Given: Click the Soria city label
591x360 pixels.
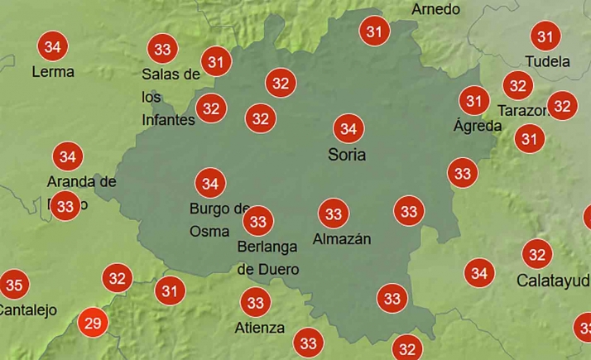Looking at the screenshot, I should click(x=347, y=155).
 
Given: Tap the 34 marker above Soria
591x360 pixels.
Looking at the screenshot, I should click(x=348, y=129).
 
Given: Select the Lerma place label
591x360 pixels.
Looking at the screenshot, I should click(x=53, y=72).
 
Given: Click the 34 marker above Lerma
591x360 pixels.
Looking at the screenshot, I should click(x=53, y=46).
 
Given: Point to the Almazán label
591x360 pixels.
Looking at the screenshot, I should click(x=342, y=240).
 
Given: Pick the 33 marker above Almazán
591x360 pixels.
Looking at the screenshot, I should click(x=334, y=214).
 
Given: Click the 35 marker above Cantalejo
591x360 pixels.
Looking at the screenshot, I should click(x=14, y=286).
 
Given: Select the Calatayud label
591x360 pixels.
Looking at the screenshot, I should click(x=553, y=280).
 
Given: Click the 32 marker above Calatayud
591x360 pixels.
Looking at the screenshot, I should click(x=537, y=254).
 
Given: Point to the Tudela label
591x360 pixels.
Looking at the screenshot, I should click(x=548, y=62).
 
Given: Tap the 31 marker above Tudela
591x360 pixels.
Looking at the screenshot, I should click(x=545, y=36).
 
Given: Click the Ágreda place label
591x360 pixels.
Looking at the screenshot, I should click(x=478, y=127).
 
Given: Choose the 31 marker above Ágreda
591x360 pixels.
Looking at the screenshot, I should click(x=474, y=102).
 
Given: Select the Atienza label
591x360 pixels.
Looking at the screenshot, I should click(x=260, y=327).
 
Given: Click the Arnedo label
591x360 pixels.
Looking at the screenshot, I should click(x=435, y=10).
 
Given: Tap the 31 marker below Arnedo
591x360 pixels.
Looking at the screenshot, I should click(x=375, y=32).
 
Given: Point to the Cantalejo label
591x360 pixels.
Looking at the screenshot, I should click(x=27, y=311).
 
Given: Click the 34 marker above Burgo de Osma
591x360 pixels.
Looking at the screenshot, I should click(x=210, y=183).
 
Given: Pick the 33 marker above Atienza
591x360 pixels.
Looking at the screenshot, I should click(x=257, y=303).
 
